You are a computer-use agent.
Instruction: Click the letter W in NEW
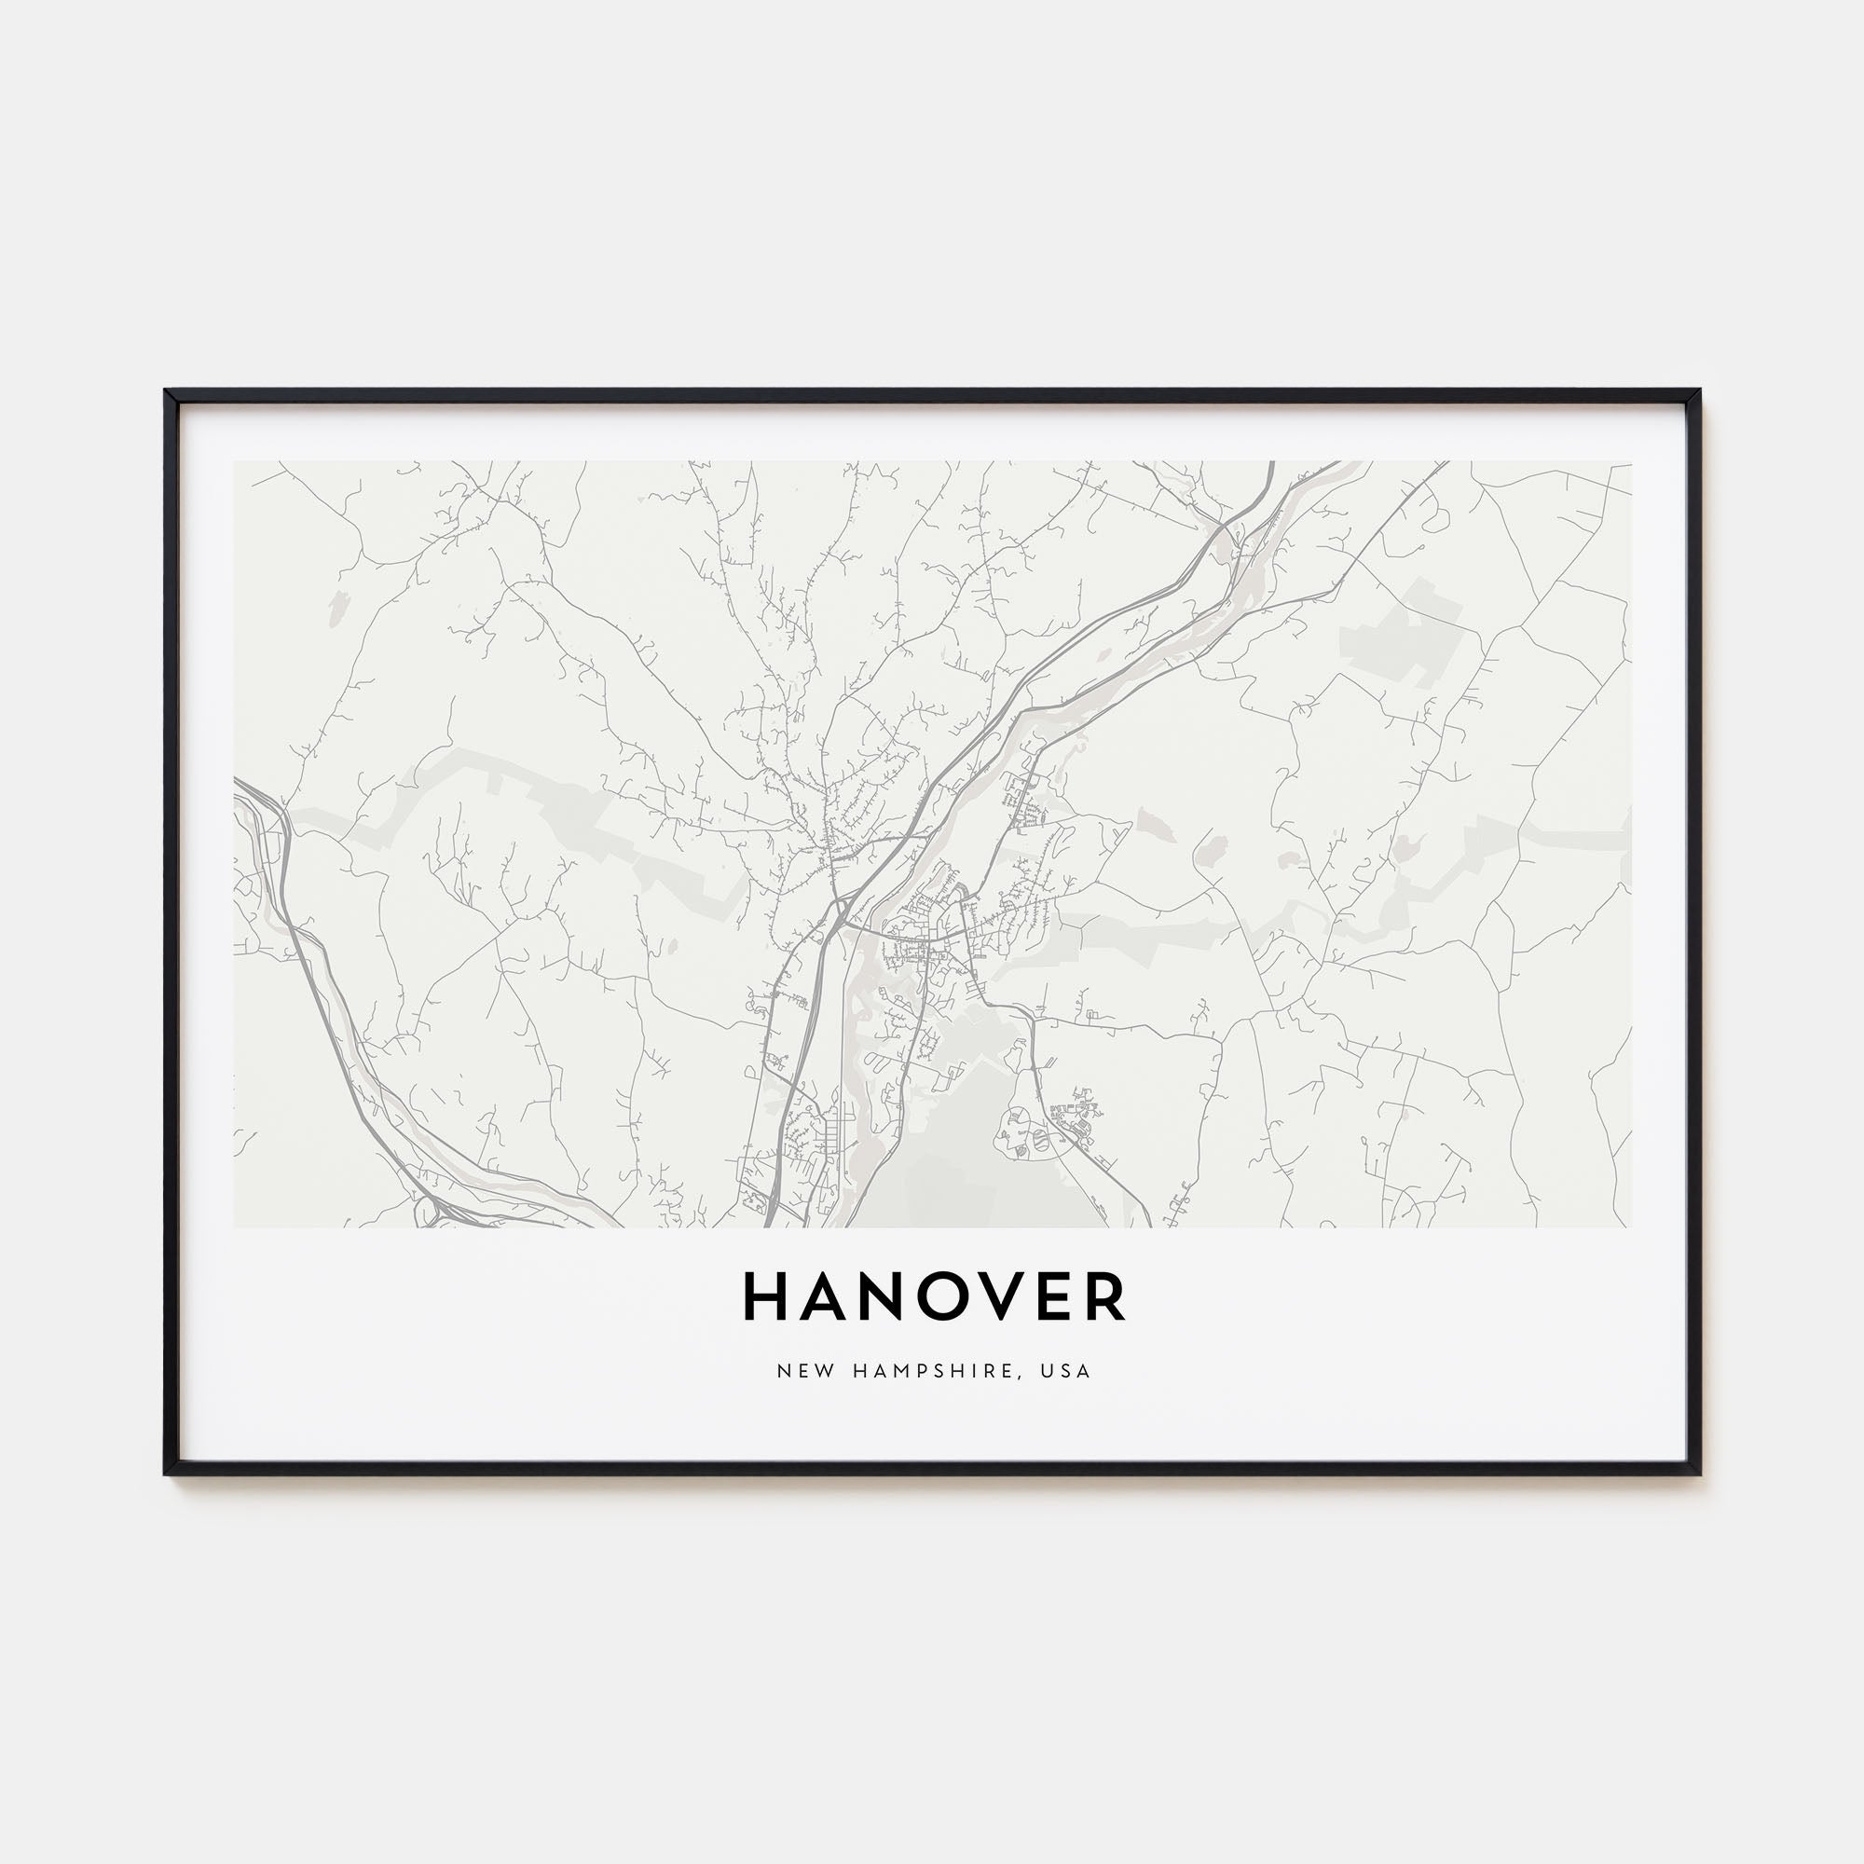[x=816, y=1371]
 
